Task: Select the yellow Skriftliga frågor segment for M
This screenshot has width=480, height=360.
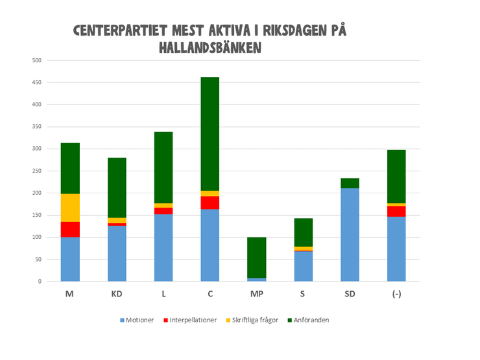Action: point(70,208)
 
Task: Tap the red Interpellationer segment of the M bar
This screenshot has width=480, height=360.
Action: point(70,230)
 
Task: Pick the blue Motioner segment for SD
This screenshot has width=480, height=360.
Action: point(350,234)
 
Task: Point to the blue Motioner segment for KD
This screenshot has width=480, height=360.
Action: point(117,253)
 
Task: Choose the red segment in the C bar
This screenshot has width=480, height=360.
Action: point(210,202)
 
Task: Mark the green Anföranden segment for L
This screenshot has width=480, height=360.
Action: point(163,167)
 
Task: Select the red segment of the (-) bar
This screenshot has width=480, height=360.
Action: point(396,211)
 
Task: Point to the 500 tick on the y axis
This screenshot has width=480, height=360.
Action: point(36,61)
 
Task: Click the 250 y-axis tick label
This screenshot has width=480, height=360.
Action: point(36,171)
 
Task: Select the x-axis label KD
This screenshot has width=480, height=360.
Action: point(117,293)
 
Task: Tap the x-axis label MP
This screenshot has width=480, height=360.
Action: point(257,293)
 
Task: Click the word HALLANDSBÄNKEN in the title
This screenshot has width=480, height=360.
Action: point(210,48)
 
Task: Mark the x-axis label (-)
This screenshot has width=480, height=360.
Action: point(396,293)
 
